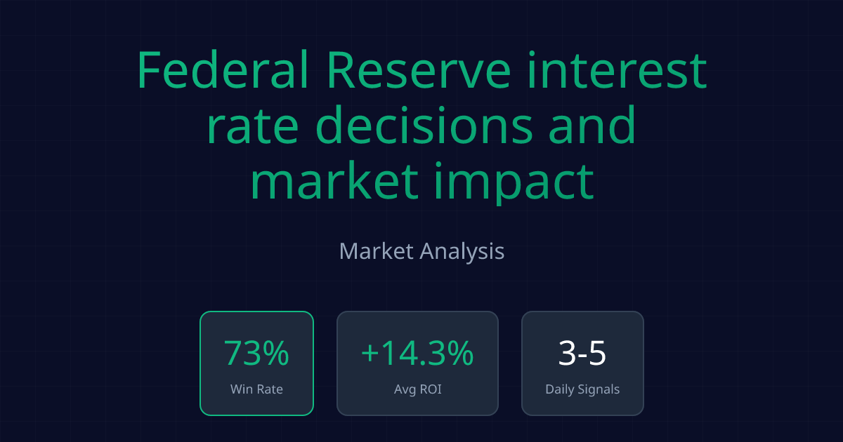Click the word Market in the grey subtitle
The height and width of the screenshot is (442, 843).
click(x=376, y=251)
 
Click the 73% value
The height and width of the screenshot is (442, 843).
click(x=256, y=354)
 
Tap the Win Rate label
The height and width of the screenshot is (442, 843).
click(x=256, y=389)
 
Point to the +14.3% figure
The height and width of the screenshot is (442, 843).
click(x=417, y=354)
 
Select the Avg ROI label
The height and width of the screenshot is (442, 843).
click(x=417, y=389)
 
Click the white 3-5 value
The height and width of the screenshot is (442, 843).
click(x=582, y=354)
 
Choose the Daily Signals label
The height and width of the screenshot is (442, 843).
click(x=582, y=389)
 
